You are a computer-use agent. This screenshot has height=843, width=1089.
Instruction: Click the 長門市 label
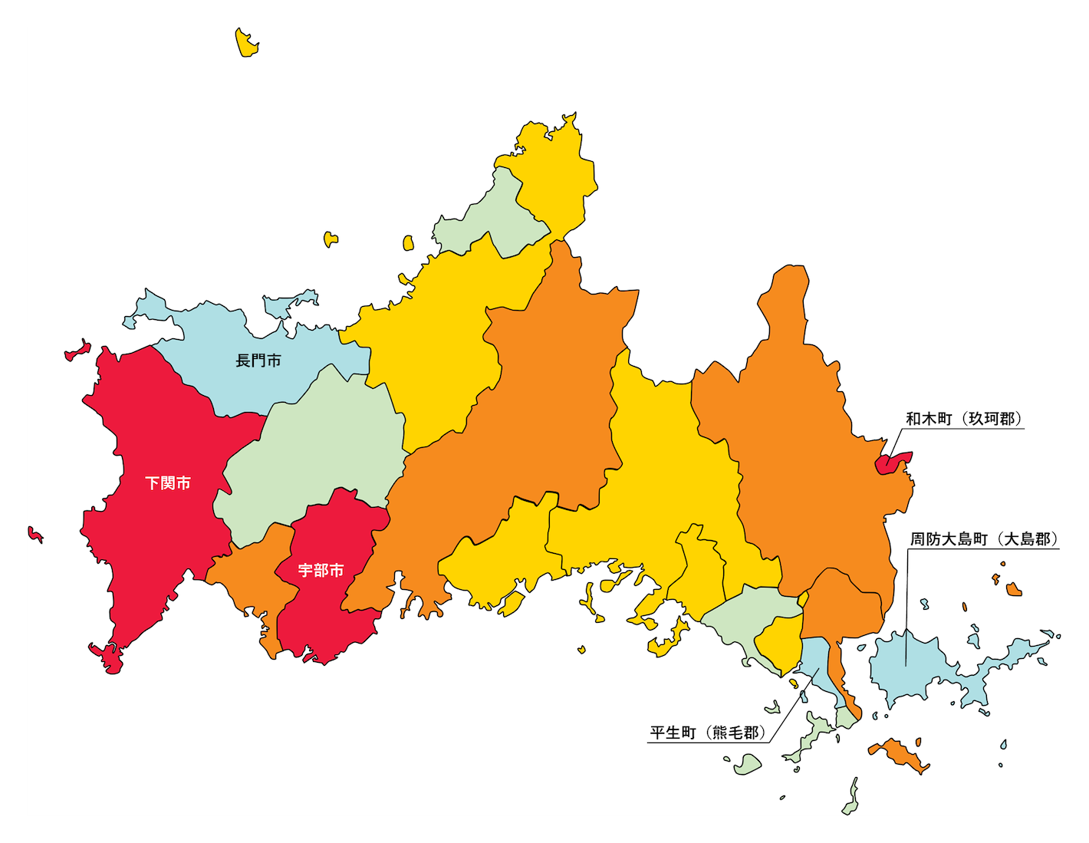tap(258, 361)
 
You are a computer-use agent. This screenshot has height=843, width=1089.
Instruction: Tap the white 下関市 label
tap(168, 483)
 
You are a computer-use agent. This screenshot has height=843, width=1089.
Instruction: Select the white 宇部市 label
tap(321, 571)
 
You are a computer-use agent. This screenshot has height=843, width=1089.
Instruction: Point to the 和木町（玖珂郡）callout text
tap(964, 419)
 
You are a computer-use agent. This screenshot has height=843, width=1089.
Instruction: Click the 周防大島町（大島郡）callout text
tap(984, 539)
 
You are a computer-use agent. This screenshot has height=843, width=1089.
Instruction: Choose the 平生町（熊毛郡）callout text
tap(707, 733)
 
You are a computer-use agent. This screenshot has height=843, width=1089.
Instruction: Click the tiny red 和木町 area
tap(891, 462)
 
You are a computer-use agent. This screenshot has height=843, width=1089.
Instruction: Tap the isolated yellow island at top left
tap(246, 44)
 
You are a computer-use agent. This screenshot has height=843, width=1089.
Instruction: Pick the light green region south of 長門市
tap(322, 445)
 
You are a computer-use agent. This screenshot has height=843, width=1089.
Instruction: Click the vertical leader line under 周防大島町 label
tap(906, 606)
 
